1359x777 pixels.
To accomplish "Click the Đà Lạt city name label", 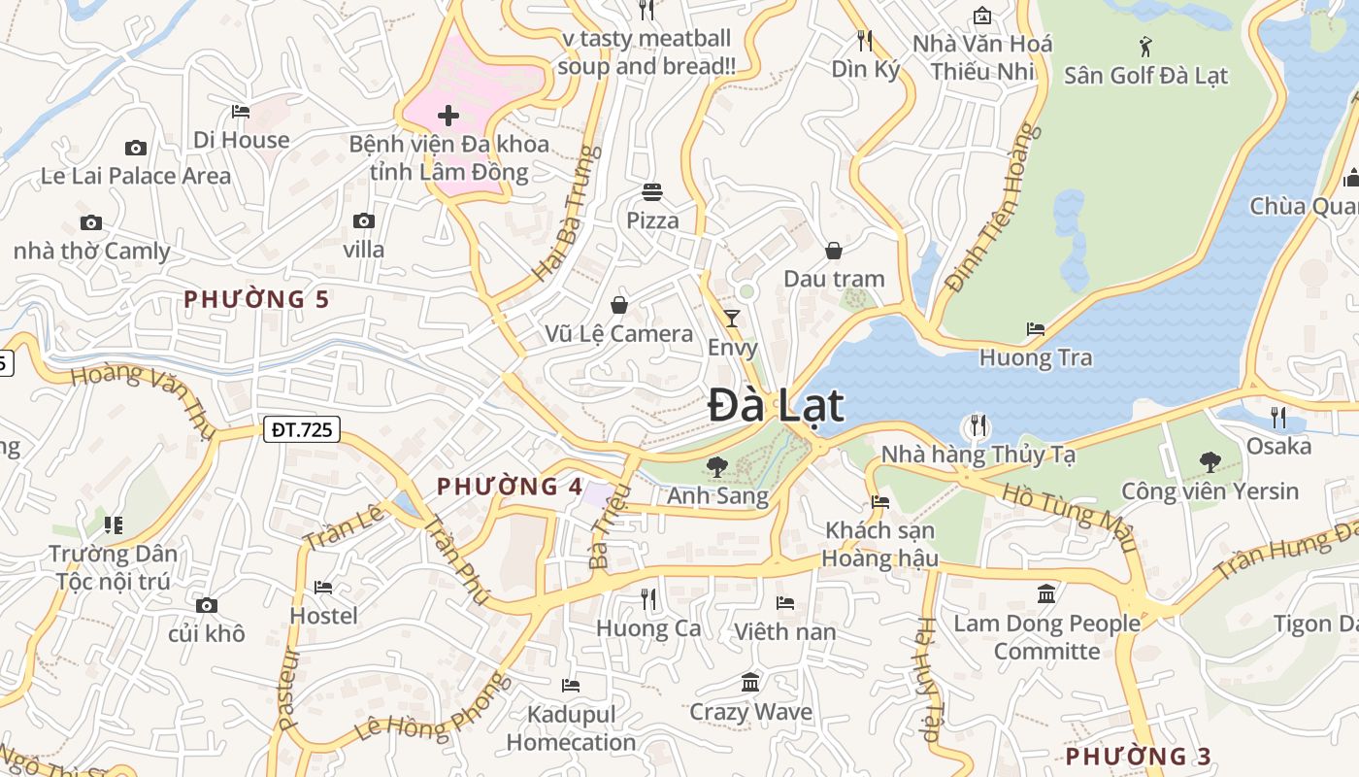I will [776, 405].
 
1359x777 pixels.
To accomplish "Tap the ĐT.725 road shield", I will [302, 428].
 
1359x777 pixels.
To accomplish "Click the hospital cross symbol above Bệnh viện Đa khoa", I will [448, 117].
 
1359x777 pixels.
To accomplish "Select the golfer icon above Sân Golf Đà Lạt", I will [1145, 46].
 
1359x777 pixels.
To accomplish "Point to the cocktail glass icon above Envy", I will [732, 319].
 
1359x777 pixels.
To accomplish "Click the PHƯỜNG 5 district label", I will [257, 299].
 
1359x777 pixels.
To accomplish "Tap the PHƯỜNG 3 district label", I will [1139, 756].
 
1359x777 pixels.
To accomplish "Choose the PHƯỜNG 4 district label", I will [510, 487].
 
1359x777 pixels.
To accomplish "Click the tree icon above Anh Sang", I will [717, 467].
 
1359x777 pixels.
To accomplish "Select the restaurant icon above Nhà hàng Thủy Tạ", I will [978, 425].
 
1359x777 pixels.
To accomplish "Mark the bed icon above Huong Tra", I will [1036, 329].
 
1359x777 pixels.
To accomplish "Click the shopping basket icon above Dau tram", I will [834, 251].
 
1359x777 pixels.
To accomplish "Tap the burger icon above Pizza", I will [652, 192].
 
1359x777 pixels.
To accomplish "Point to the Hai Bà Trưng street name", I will [564, 215].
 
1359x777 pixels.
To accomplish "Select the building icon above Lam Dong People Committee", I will [1046, 593].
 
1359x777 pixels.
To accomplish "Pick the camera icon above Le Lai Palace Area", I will [136, 148].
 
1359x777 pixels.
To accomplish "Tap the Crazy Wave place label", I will [750, 712].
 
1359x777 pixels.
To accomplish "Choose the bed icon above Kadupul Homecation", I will [571, 686].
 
